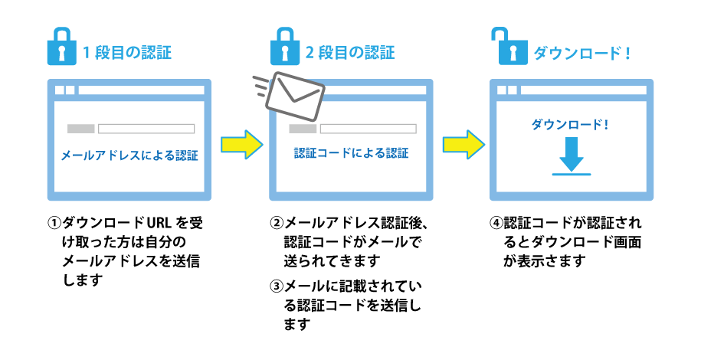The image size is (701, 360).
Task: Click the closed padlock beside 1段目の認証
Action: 61,48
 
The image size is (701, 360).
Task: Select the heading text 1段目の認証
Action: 126,54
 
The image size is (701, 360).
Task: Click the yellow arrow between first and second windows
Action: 241,143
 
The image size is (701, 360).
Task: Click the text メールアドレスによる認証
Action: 129,155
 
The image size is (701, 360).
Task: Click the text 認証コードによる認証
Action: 352,153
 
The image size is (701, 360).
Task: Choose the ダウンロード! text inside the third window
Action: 571,123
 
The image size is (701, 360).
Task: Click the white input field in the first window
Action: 146,128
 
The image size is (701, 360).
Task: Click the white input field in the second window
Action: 368,128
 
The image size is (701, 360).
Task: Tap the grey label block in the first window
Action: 80,128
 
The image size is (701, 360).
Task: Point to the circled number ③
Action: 277,286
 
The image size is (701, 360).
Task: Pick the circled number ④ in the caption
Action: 496,224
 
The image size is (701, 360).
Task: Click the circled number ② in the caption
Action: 277,224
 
